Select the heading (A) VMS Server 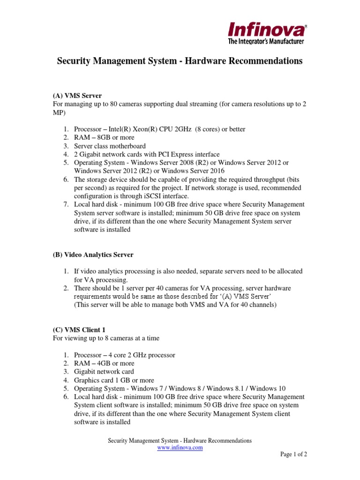[x=77, y=96]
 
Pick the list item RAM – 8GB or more [x=104, y=137]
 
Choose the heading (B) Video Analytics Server [x=93, y=255]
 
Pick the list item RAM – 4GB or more [x=104, y=363]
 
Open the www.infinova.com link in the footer [x=180, y=448]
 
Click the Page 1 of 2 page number [x=293, y=454]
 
